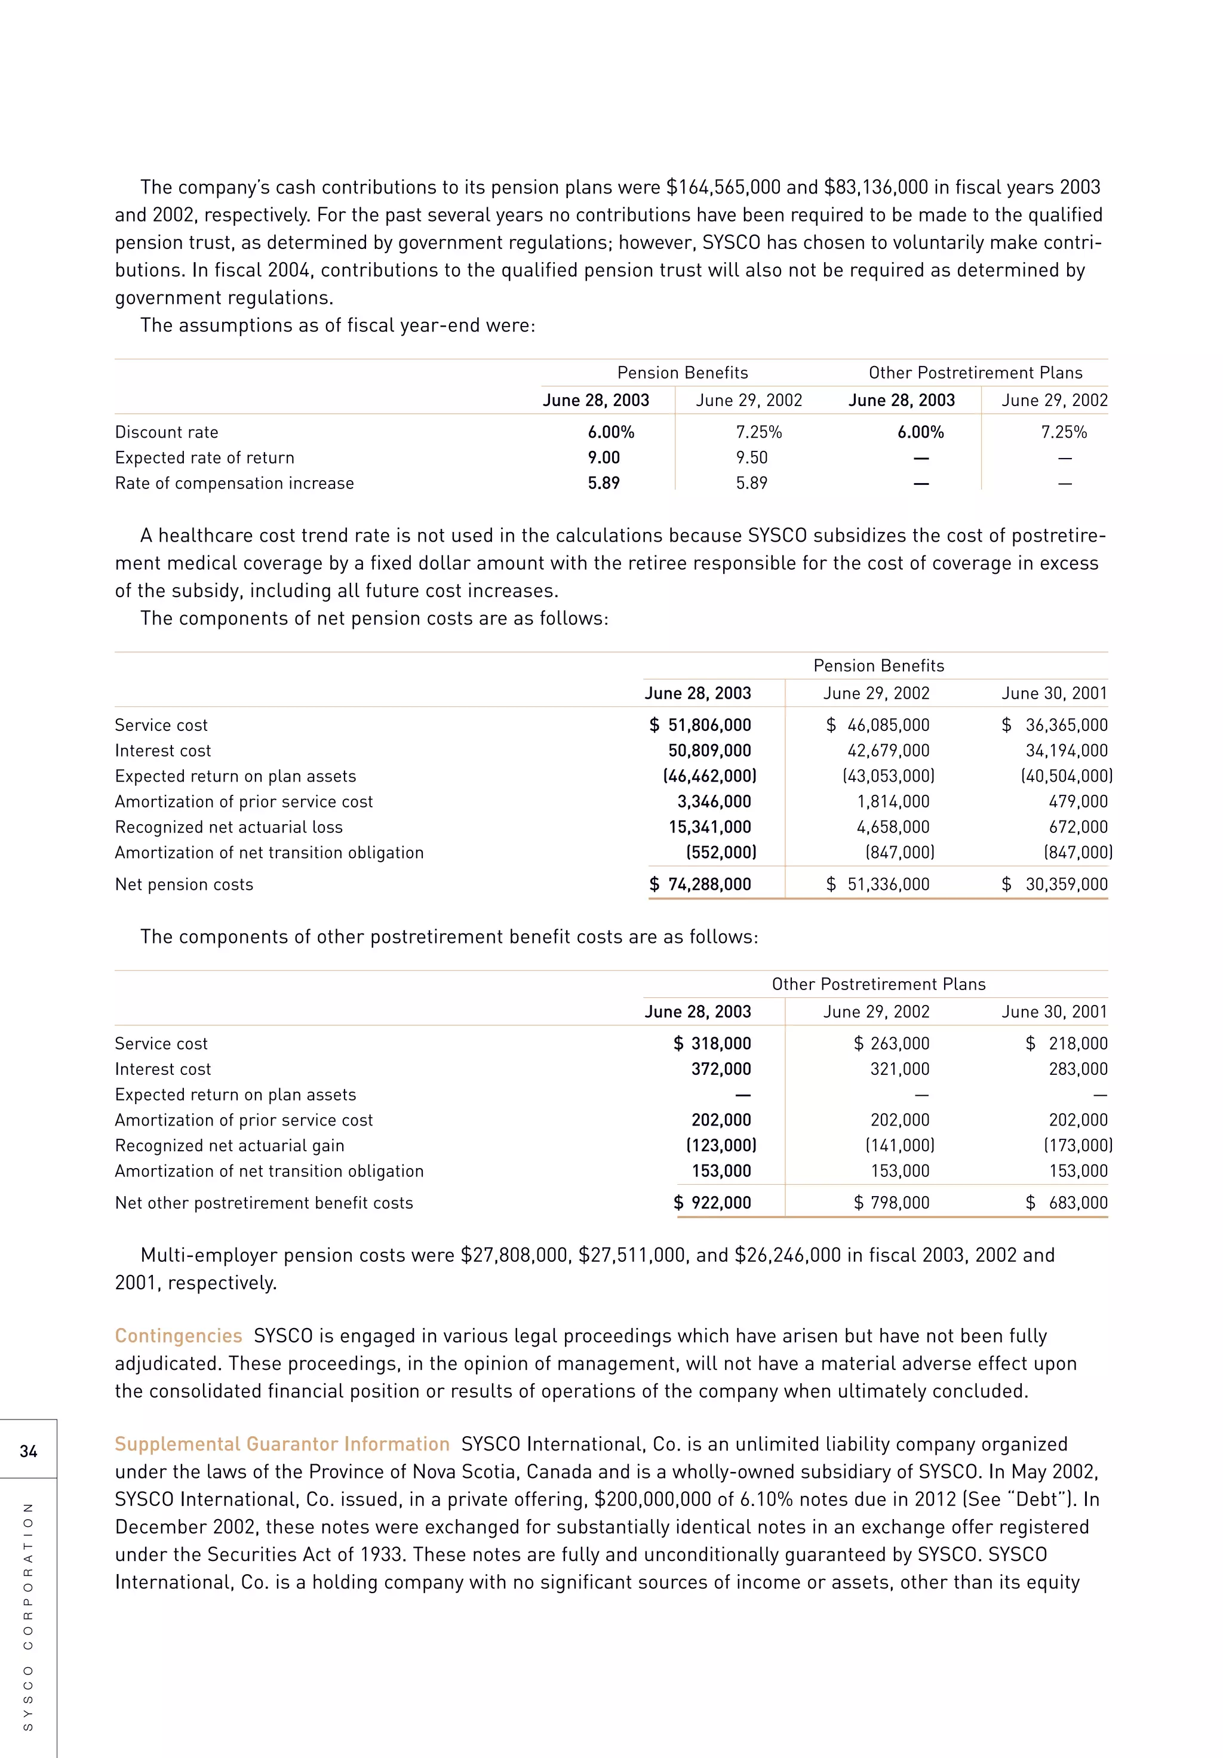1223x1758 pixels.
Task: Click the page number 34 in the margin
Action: click(28, 1451)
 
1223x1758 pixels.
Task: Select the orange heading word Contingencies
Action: click(179, 1335)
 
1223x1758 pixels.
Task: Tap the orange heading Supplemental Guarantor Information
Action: click(282, 1444)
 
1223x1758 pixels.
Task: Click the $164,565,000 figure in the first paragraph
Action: click(723, 188)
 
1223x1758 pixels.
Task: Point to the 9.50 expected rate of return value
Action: click(751, 458)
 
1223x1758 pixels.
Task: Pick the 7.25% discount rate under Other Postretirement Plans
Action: click(1064, 432)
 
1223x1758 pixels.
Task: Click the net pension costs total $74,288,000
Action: click(700, 884)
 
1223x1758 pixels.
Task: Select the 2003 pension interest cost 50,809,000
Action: click(709, 751)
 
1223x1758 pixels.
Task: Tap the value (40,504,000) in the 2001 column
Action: click(1066, 776)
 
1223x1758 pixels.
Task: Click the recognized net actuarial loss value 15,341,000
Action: click(709, 827)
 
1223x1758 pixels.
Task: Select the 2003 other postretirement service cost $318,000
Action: click(712, 1044)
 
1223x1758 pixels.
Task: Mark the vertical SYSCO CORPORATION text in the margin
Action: click(28, 1616)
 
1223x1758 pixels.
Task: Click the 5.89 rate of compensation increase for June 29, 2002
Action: click(751, 483)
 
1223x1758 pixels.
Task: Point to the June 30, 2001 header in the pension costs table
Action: click(1054, 694)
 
